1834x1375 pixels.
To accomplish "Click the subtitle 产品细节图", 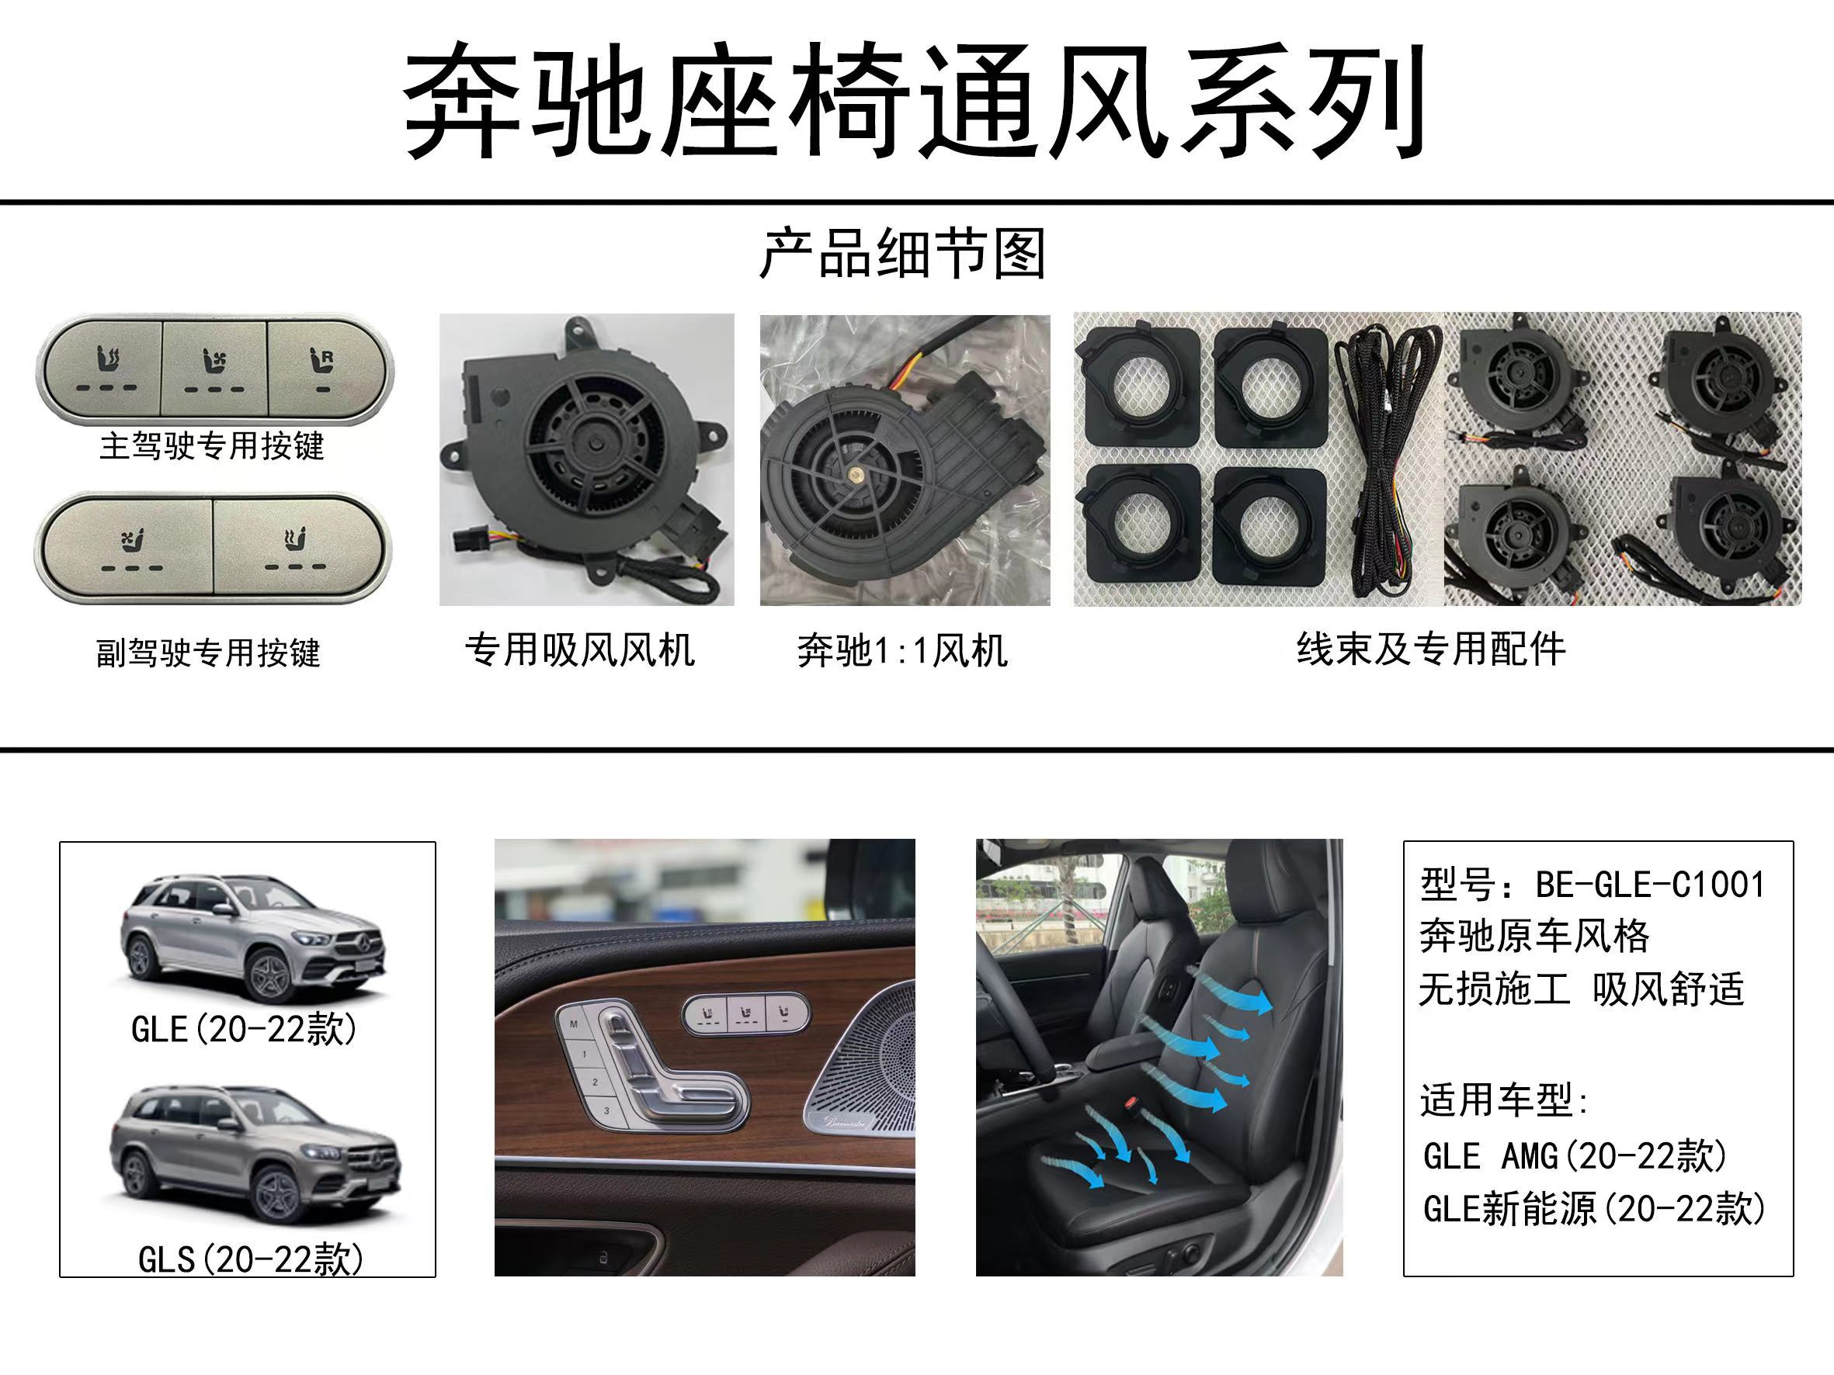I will [x=902, y=255].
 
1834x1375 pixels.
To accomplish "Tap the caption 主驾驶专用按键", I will [x=211, y=446].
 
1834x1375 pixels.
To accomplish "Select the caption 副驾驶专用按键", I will [x=208, y=653].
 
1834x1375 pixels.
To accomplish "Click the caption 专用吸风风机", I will [x=579, y=649].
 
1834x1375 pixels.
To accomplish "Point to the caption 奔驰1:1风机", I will [x=902, y=650].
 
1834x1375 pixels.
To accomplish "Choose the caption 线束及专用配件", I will [x=1431, y=649].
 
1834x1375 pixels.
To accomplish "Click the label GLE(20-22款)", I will [x=244, y=1030].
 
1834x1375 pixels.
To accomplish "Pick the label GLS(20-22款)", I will [x=250, y=1260].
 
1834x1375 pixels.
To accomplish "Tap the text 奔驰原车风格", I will [x=1534, y=937].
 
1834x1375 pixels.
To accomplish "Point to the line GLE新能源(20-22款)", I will [x=1593, y=1209].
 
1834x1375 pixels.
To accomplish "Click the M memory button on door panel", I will [x=574, y=1024].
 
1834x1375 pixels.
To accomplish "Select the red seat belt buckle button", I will [x=1130, y=1103].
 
